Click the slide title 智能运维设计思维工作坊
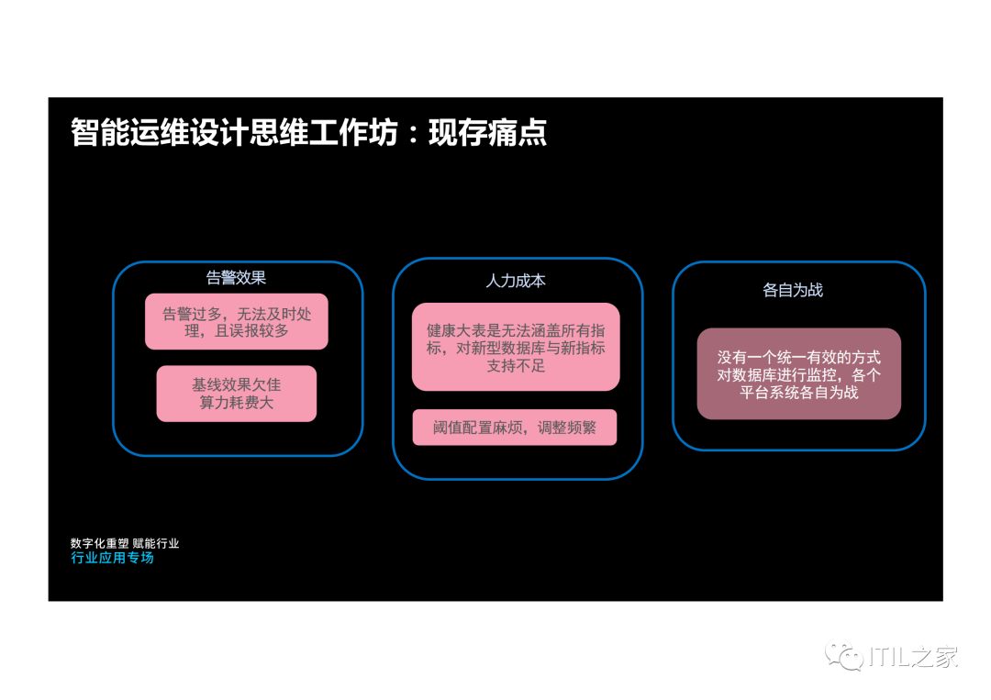[234, 133]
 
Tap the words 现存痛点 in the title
[487, 133]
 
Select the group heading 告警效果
[236, 278]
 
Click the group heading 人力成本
[516, 281]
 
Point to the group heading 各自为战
[793, 290]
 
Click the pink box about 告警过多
[237, 321]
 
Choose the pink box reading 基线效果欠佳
[237, 394]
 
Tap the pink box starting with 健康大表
[516, 347]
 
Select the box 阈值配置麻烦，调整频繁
[514, 428]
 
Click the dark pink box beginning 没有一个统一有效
[798, 373]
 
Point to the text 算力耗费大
[237, 403]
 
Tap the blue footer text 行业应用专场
[112, 558]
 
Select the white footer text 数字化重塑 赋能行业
[125, 543]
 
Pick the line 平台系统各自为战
[799, 392]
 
